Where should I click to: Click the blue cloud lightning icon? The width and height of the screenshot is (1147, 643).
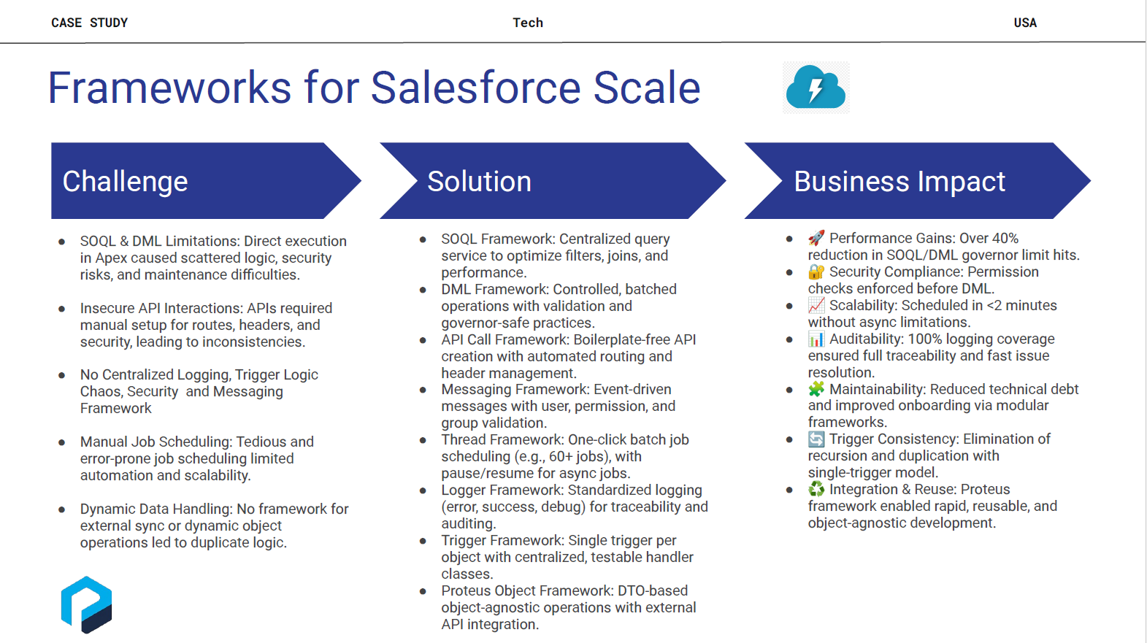816,88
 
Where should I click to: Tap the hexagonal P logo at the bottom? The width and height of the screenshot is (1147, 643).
87,604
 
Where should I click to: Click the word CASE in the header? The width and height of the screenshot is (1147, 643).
66,23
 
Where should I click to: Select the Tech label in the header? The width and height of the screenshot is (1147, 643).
528,23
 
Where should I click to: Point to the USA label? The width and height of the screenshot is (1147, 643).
1025,23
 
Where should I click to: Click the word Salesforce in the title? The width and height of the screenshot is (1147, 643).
476,88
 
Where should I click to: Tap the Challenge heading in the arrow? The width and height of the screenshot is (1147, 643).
126,182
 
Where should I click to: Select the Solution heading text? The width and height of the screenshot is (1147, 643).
479,181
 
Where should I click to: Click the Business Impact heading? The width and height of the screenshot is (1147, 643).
899,182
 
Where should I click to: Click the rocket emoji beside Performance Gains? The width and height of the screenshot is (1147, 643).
816,238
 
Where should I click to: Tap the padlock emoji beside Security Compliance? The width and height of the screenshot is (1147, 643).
816,272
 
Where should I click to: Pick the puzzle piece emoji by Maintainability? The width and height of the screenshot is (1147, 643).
816,389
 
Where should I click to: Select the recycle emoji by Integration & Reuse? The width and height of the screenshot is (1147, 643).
816,490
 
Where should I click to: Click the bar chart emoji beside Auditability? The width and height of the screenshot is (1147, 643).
816,339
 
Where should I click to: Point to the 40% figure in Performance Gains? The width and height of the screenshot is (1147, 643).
1002,239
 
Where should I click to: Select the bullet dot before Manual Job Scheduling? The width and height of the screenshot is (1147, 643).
62,442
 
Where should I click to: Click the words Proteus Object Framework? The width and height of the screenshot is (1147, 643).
527,590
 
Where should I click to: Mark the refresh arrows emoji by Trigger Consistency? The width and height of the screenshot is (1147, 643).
816,439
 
